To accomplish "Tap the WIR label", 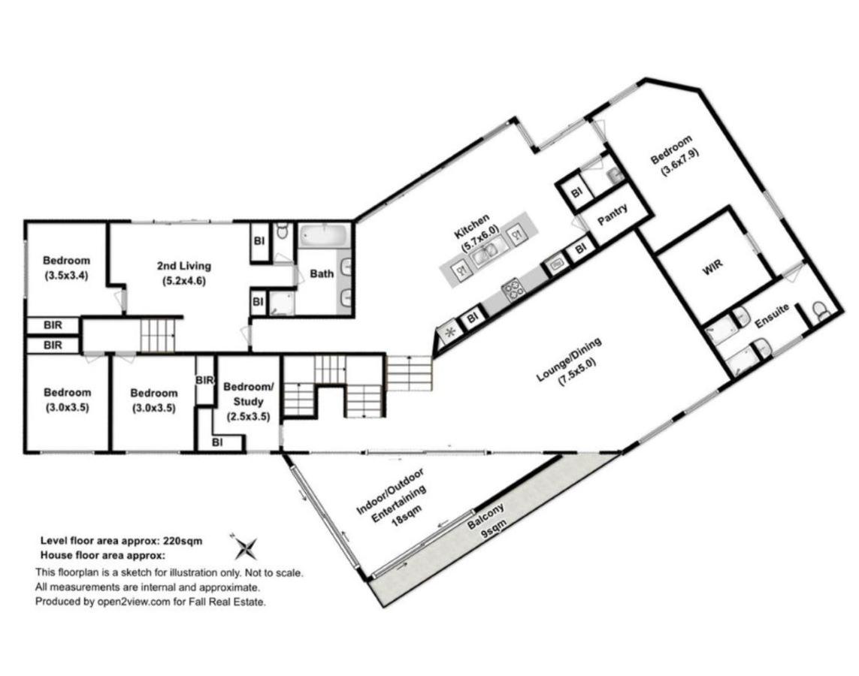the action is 712,266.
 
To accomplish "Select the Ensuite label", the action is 772,316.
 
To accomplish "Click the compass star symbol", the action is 245,547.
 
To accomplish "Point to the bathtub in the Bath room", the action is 325,237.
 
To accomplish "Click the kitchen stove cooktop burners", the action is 513,290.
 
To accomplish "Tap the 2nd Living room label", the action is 183,273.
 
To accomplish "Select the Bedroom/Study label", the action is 248,401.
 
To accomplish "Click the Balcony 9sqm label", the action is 488,522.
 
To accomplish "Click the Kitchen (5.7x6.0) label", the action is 476,232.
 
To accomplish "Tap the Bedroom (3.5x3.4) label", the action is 66,268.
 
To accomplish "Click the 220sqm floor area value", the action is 183,541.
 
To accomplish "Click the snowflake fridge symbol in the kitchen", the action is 449,332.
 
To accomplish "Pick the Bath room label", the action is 322,273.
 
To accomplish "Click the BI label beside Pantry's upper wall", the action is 576,193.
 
